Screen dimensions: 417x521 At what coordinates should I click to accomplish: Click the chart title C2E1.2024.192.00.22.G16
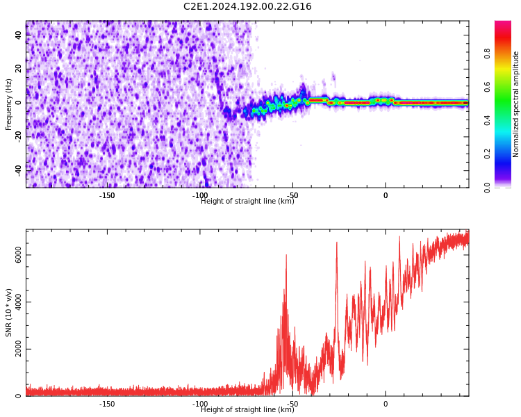pos(247,7)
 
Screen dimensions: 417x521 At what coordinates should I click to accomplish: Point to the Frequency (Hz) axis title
pos(9,104)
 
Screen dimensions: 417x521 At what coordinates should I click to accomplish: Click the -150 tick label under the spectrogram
pos(107,195)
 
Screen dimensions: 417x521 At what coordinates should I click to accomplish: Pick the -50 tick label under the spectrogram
pos(292,195)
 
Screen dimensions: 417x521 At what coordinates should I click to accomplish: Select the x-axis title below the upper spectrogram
pos(247,202)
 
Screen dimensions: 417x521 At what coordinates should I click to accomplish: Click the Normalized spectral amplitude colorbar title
pos(516,104)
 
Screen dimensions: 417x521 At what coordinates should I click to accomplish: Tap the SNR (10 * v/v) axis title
pos(9,313)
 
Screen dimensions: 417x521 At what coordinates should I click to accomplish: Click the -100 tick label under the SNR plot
pos(199,404)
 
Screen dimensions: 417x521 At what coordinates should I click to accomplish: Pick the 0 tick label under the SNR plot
pos(386,404)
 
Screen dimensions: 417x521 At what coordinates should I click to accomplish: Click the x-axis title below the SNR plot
pos(247,410)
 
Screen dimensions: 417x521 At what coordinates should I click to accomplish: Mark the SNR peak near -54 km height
pos(286,255)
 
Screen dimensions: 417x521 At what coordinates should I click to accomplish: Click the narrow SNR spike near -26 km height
pos(337,243)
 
